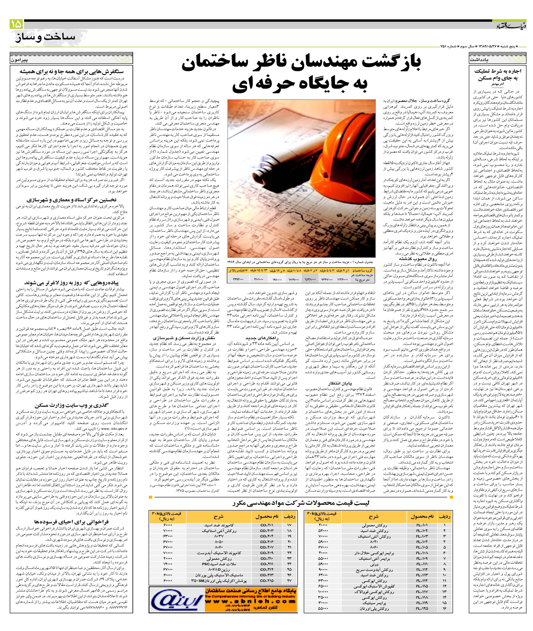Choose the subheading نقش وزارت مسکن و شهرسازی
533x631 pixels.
point(184,338)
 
